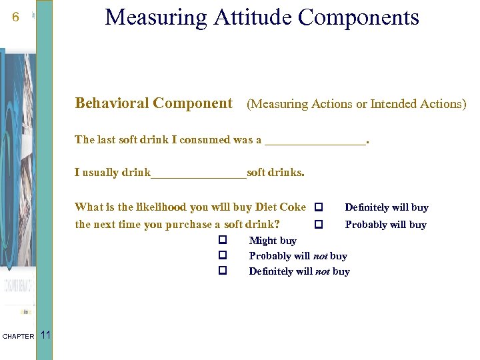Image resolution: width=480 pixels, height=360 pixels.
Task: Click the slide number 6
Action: click(15, 18)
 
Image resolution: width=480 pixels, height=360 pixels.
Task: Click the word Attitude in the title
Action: click(251, 17)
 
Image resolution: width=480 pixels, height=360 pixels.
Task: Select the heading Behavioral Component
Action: click(153, 103)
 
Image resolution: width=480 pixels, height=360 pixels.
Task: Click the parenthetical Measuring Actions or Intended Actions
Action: click(357, 104)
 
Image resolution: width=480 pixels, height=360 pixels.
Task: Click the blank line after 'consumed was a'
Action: click(315, 141)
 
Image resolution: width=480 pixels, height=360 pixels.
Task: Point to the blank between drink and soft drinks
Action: click(199, 173)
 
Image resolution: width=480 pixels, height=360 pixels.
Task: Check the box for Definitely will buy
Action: click(319, 207)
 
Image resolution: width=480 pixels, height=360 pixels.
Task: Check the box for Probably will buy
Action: click(319, 225)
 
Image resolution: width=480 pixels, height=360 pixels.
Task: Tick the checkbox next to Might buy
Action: click(223, 240)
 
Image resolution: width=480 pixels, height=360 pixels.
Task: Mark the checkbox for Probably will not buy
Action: click(223, 255)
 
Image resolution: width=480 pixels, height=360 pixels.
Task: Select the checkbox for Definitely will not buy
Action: click(223, 271)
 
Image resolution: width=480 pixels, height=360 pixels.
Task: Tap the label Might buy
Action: click(273, 241)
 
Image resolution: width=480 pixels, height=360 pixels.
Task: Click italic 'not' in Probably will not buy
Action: click(320, 256)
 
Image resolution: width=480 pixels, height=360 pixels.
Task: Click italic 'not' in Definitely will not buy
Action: click(323, 271)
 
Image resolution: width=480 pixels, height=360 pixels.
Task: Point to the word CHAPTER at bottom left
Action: click(18, 337)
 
